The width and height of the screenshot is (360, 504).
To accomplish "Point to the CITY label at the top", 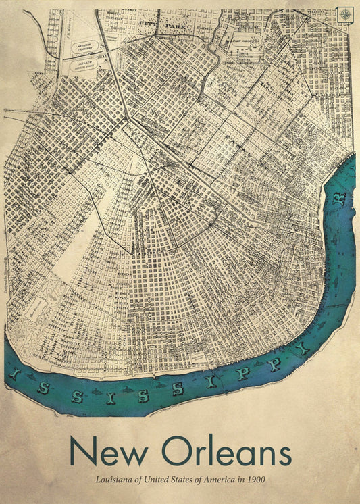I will point(146,22).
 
